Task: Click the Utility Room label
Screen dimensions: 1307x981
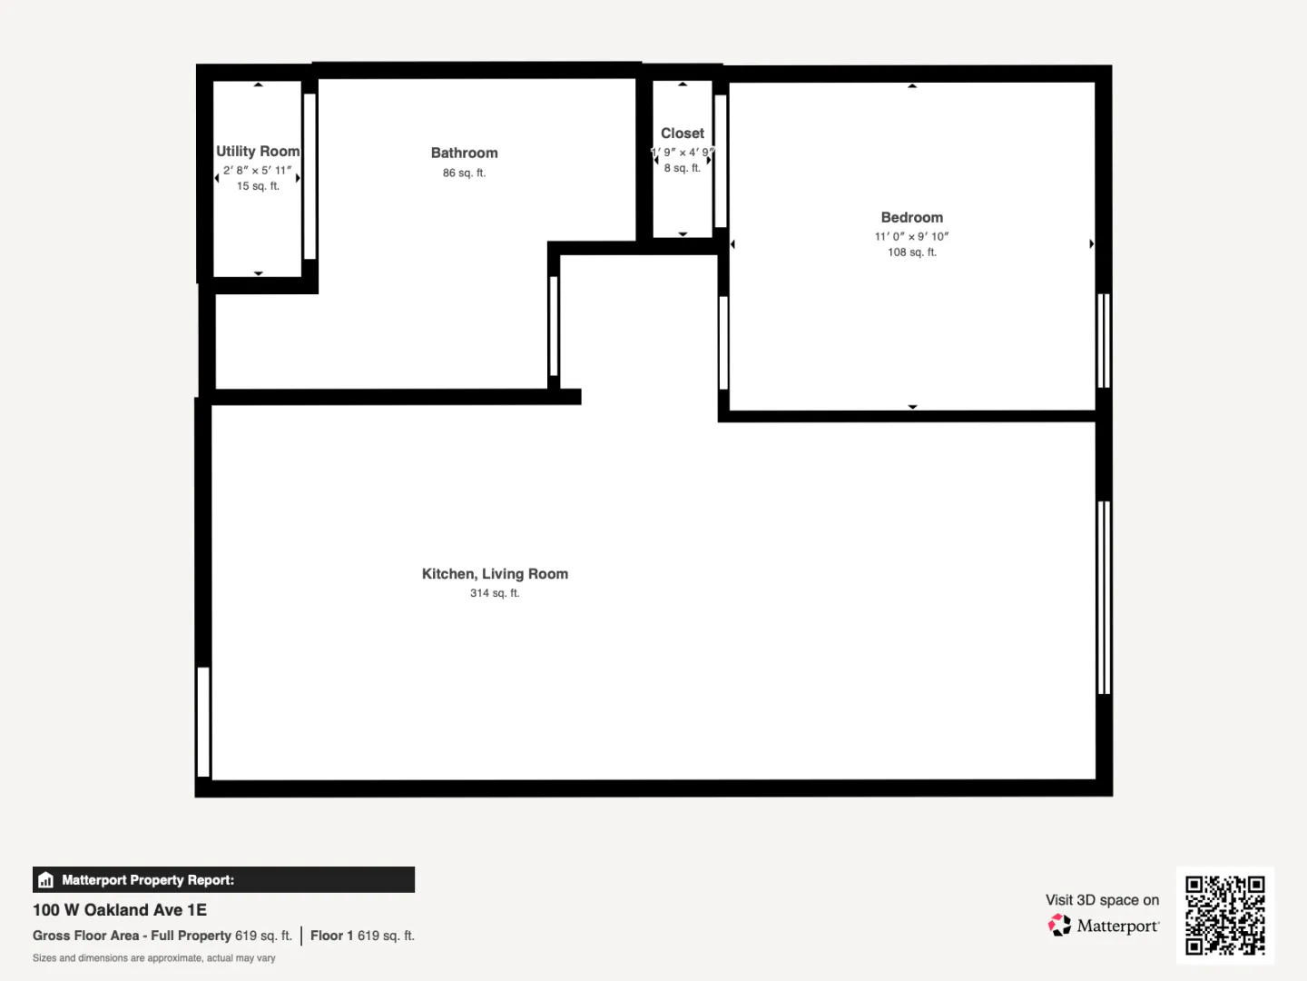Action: pyautogui.click(x=257, y=152)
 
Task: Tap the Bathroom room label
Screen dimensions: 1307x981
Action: pyautogui.click(x=465, y=154)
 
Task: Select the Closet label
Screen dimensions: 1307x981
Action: pyautogui.click(x=683, y=134)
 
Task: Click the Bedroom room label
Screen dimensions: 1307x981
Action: pyautogui.click(x=911, y=217)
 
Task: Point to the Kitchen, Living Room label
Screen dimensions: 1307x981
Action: pyautogui.click(x=495, y=573)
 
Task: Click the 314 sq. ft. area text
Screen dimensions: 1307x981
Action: pyautogui.click(x=495, y=593)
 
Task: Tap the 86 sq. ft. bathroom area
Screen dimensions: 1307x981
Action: pyautogui.click(x=465, y=173)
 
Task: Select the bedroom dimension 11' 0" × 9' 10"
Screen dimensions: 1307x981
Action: pyautogui.click(x=911, y=236)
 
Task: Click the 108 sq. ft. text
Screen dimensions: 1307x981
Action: pyautogui.click(x=911, y=253)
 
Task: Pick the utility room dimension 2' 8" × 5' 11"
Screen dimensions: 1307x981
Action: pyautogui.click(x=257, y=171)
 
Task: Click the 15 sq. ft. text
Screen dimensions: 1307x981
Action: pyautogui.click(x=258, y=186)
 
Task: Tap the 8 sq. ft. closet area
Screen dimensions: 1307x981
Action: pyautogui.click(x=683, y=169)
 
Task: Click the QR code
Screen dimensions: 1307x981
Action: pyautogui.click(x=1224, y=915)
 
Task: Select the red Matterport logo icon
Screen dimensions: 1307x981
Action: pyautogui.click(x=1059, y=925)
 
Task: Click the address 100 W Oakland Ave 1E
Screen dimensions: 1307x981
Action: pyautogui.click(x=120, y=910)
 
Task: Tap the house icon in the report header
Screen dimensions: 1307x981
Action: pyautogui.click(x=46, y=880)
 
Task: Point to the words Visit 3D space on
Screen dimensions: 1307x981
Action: pyautogui.click(x=1102, y=900)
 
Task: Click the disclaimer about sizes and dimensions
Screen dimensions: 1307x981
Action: pyautogui.click(x=153, y=957)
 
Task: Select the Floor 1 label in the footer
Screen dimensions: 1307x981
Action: pyautogui.click(x=331, y=936)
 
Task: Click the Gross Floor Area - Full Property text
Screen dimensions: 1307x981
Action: pyautogui.click(x=132, y=936)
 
